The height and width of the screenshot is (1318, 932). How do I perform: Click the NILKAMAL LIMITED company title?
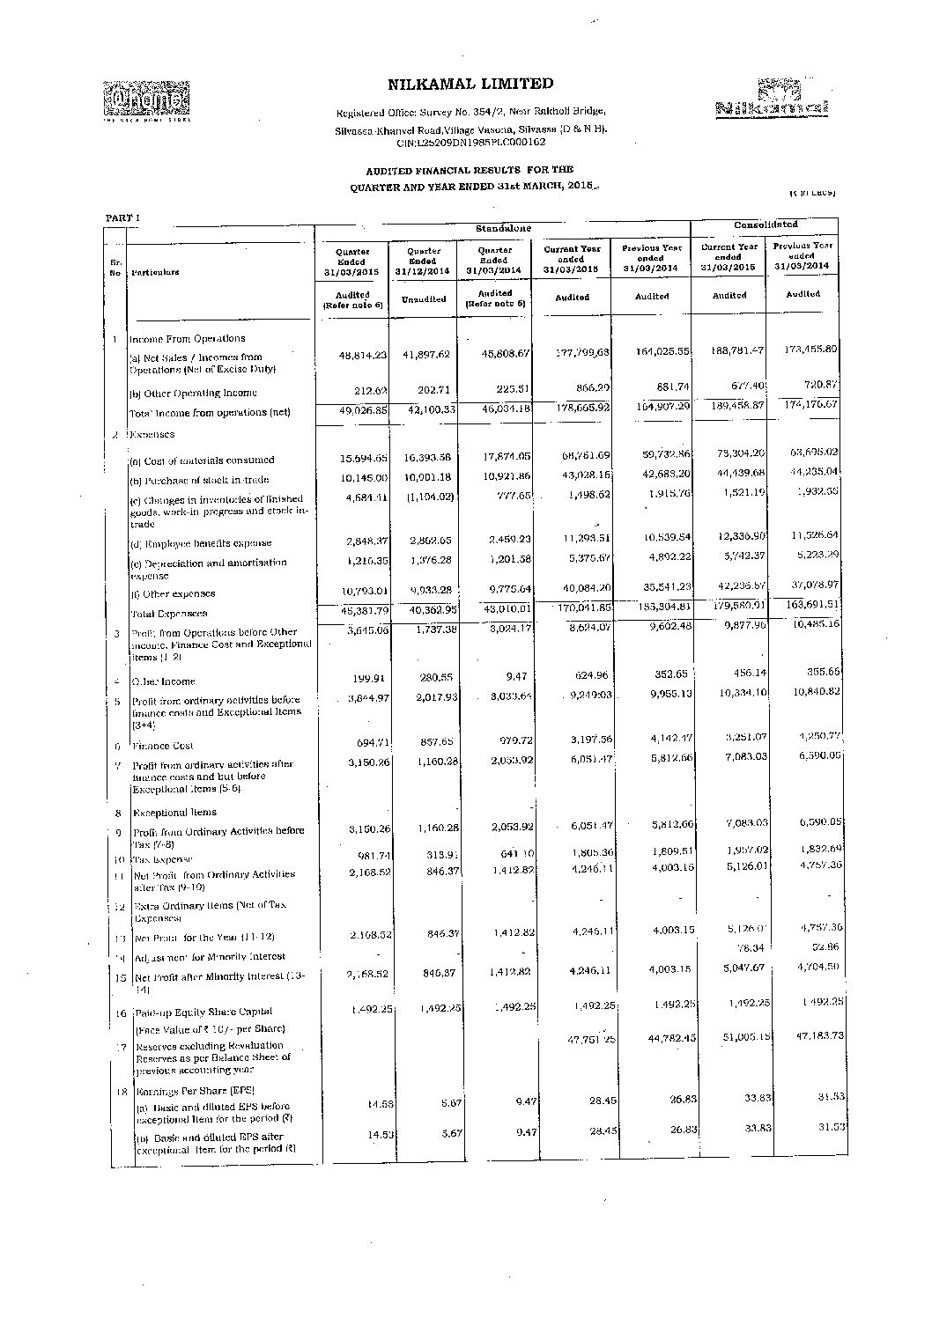click(x=470, y=84)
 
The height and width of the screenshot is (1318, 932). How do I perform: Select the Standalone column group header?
click(x=503, y=229)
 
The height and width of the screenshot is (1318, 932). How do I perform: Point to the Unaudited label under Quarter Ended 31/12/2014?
click(x=424, y=299)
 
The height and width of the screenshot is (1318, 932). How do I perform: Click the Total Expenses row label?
click(x=169, y=614)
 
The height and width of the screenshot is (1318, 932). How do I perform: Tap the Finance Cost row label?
click(x=163, y=746)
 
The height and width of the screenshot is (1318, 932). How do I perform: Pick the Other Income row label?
click(x=164, y=681)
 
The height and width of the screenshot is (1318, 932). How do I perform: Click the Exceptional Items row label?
click(x=174, y=813)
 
